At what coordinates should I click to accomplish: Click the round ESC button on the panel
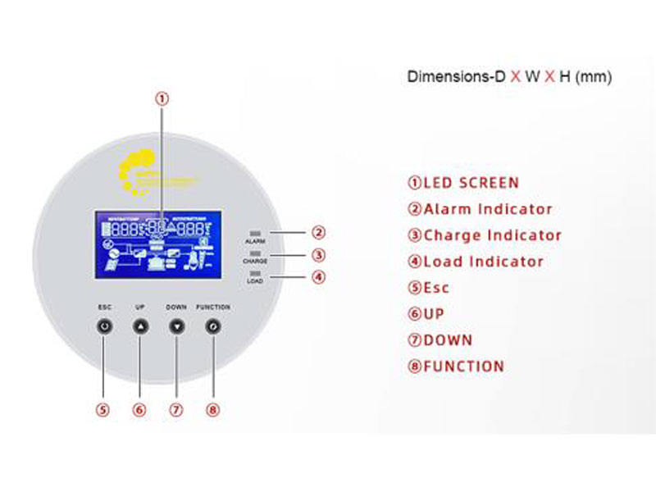(103, 326)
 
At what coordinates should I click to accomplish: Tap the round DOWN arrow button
(176, 326)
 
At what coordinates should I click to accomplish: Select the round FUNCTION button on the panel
(212, 326)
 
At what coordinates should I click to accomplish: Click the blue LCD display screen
(153, 244)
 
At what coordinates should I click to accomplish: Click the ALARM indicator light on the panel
(254, 234)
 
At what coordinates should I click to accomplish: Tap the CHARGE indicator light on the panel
(254, 253)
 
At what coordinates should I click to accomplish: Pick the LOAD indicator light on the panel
(254, 273)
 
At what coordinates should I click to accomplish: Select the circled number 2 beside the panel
(319, 233)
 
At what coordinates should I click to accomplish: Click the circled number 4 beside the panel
(319, 277)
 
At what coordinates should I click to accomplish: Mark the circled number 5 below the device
(102, 410)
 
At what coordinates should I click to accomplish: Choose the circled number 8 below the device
(212, 410)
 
